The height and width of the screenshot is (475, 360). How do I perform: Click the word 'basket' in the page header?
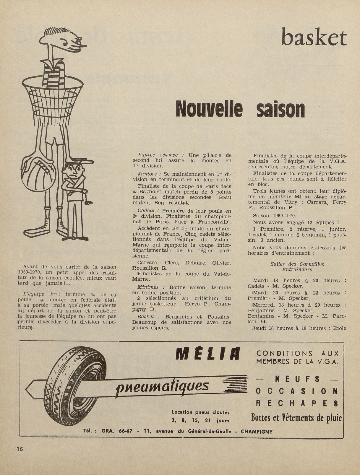314,38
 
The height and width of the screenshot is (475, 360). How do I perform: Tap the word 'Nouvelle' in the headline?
209,109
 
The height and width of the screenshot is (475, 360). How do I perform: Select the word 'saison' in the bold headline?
280,109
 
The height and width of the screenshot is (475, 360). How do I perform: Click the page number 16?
20,449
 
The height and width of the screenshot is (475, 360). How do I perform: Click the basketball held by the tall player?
38,171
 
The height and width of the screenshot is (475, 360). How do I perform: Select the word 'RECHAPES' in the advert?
296,404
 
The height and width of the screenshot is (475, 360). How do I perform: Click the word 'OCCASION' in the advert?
296,391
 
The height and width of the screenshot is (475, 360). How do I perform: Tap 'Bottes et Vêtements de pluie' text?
296,418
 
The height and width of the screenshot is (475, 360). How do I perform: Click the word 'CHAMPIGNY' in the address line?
257,431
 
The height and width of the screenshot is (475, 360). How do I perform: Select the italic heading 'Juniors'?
147,174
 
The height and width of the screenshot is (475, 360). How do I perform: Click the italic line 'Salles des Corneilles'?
297,264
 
